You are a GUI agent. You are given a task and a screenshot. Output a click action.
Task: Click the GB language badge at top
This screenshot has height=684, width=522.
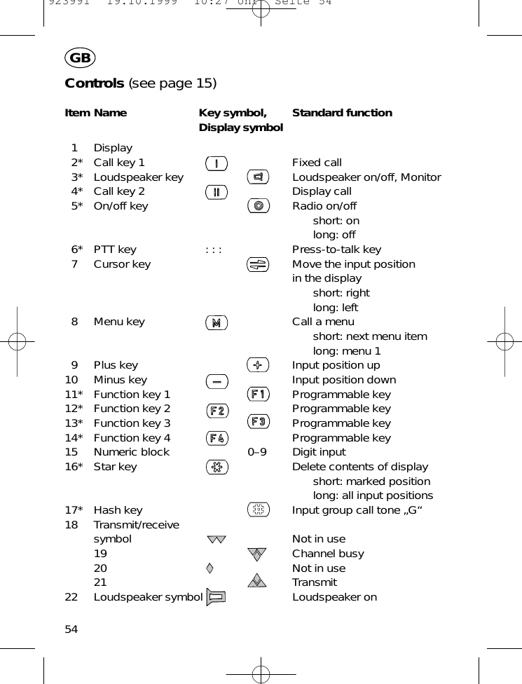(x=81, y=58)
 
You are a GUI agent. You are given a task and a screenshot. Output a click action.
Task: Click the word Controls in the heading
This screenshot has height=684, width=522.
(x=94, y=83)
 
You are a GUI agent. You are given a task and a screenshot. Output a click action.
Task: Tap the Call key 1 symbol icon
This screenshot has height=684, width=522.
(x=217, y=163)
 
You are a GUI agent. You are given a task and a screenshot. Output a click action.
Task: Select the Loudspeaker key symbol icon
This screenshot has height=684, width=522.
(x=259, y=177)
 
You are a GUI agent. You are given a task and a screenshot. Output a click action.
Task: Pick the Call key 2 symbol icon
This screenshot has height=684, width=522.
(x=217, y=192)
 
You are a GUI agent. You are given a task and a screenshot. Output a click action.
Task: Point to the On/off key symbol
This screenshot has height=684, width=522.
(x=259, y=206)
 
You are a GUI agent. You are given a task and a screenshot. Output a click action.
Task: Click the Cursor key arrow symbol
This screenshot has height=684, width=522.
(x=259, y=264)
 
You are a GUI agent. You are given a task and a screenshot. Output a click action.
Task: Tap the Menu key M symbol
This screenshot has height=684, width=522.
(x=217, y=322)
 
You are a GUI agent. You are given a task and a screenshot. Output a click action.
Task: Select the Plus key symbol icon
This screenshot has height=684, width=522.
(x=259, y=365)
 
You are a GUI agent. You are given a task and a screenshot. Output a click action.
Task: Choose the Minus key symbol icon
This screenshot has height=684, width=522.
(x=217, y=381)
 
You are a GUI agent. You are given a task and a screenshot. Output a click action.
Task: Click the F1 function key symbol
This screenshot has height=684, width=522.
(x=259, y=395)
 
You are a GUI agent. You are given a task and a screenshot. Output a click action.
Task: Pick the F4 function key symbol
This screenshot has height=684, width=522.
(x=217, y=438)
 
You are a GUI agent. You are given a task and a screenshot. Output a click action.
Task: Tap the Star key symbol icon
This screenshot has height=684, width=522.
(x=217, y=467)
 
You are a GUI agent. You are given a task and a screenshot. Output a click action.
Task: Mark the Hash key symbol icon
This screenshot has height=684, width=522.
(x=259, y=510)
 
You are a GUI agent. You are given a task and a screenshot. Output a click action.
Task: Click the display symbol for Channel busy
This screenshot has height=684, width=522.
(x=258, y=554)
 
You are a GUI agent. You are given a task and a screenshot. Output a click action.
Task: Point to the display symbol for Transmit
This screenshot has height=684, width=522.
(x=258, y=581)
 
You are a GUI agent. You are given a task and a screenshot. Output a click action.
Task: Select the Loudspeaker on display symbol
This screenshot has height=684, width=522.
(x=217, y=597)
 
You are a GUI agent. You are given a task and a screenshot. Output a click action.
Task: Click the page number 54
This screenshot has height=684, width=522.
(x=71, y=629)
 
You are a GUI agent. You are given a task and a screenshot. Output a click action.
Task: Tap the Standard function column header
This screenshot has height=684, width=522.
(x=342, y=113)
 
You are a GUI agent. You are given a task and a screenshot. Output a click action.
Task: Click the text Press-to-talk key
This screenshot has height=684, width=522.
(x=336, y=249)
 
